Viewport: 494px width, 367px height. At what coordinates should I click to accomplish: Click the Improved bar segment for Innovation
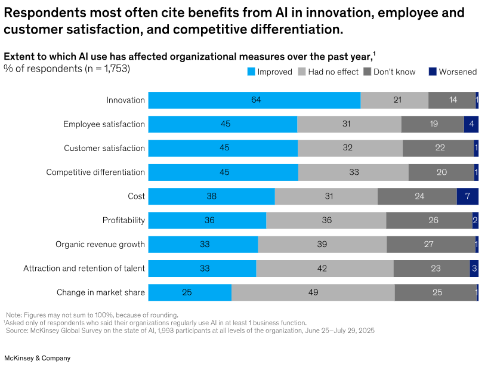point(254,100)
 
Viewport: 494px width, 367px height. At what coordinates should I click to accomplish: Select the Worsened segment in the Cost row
point(467,196)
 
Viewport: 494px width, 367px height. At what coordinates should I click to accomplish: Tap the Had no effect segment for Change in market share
point(313,292)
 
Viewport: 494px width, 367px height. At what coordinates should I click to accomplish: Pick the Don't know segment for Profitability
point(429,220)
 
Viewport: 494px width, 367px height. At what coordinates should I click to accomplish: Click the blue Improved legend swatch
point(251,72)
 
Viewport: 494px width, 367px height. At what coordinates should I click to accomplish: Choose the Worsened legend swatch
point(432,72)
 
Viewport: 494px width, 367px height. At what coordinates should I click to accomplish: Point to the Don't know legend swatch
point(367,72)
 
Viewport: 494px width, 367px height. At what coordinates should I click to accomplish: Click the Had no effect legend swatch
point(301,72)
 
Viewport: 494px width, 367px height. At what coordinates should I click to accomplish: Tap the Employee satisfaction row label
point(104,124)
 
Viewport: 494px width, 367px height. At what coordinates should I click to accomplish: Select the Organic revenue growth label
point(100,244)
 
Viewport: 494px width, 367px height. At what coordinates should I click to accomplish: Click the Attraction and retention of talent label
point(84,268)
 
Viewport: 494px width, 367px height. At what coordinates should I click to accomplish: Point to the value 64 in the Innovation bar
point(256,100)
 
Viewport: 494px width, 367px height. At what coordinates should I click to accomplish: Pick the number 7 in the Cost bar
point(467,196)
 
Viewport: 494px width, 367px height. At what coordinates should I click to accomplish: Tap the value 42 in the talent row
point(322,269)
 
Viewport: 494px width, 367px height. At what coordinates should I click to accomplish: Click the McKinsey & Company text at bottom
point(37,358)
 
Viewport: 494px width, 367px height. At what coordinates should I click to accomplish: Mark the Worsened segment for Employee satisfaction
point(471,124)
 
